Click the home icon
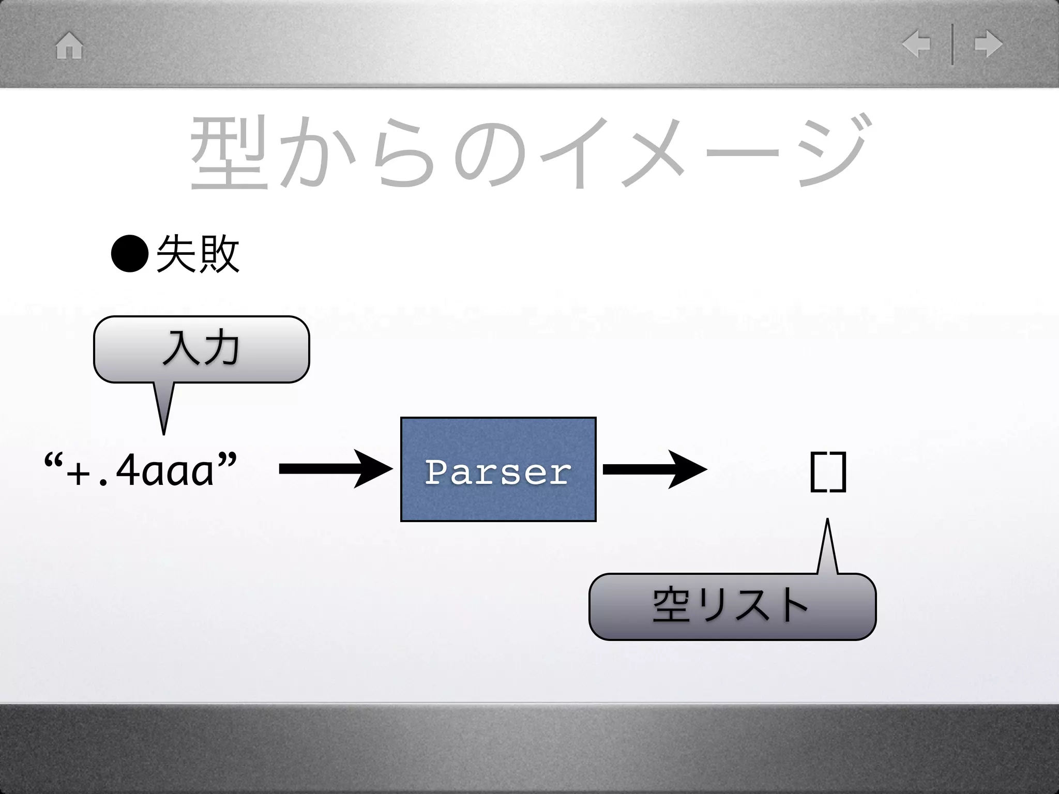69,46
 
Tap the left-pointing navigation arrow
916,44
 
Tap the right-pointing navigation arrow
988,44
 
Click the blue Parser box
498,469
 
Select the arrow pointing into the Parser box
336,469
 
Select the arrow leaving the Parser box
654,469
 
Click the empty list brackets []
828,471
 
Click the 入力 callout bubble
201,349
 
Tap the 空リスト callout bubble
732,607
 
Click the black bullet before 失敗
129,254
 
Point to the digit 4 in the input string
128,471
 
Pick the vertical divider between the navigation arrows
952,45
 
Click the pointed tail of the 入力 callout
164,411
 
